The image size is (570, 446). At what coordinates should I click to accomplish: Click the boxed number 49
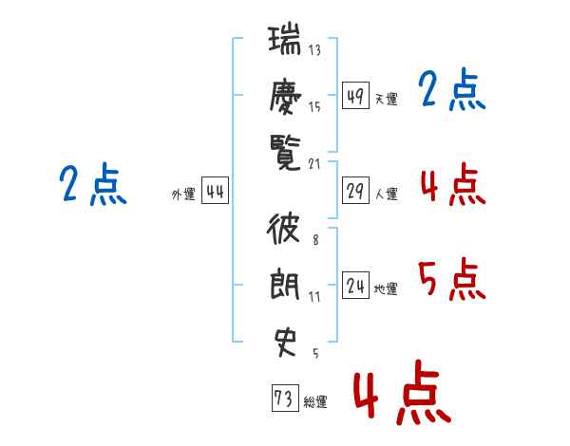(x=355, y=97)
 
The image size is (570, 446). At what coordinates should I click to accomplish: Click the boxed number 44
(x=215, y=192)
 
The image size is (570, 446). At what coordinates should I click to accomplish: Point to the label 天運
(x=386, y=99)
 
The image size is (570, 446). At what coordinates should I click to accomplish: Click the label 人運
(x=386, y=194)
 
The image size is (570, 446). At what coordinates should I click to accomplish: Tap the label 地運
(x=386, y=288)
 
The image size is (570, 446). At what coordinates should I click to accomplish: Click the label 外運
(x=183, y=194)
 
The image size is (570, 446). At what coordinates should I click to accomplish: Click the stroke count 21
(x=315, y=163)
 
